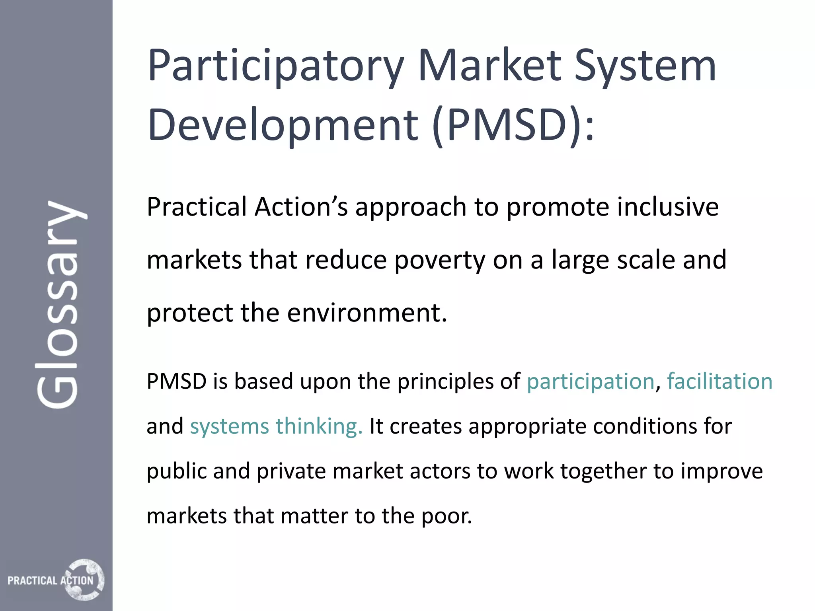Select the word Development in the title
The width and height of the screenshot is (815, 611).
click(283, 125)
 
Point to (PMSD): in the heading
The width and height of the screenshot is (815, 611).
click(513, 125)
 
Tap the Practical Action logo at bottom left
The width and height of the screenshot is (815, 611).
click(56, 580)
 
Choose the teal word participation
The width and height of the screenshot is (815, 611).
click(591, 381)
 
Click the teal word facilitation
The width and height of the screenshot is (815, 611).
click(719, 381)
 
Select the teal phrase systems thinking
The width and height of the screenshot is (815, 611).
click(276, 426)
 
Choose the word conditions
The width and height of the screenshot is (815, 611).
click(645, 426)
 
